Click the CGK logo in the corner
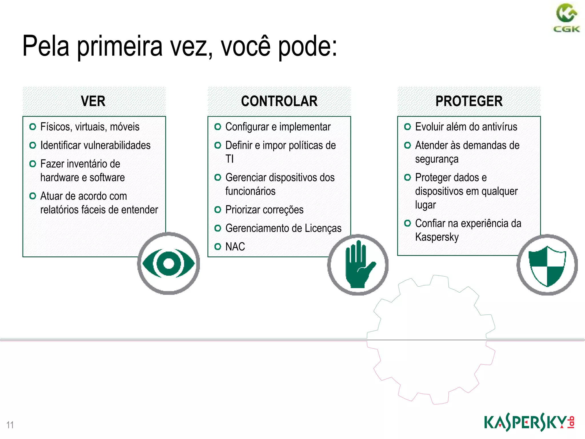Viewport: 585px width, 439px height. [x=566, y=18]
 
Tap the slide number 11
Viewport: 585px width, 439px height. [x=10, y=425]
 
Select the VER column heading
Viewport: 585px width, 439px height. [x=93, y=101]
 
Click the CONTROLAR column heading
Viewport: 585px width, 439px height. [x=279, y=101]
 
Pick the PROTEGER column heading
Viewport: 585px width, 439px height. [x=469, y=101]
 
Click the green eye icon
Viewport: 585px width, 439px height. [x=169, y=263]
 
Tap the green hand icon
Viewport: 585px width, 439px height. [x=358, y=265]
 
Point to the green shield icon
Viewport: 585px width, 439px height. [x=547, y=265]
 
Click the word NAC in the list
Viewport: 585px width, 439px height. [x=235, y=247]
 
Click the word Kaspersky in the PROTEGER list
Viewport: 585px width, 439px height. [x=437, y=237]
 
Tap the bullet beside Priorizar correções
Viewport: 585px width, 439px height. [x=218, y=210]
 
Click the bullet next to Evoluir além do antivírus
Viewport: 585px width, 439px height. [x=407, y=127]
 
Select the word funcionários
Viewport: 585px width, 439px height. [x=250, y=191]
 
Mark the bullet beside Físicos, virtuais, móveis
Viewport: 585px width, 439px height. [x=33, y=127]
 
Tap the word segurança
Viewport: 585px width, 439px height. [x=437, y=159]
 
